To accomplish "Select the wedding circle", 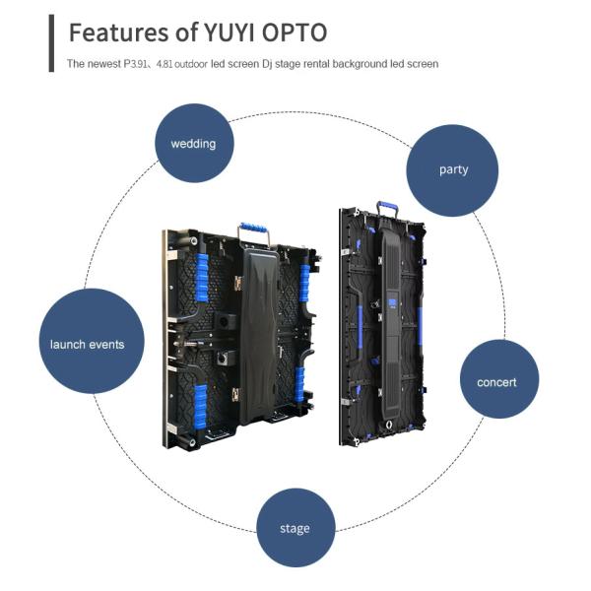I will (x=193, y=144).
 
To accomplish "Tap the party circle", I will (x=453, y=169).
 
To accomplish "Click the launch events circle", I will (x=87, y=344).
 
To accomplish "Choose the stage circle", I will (x=295, y=528).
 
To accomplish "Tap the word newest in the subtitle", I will (x=102, y=64).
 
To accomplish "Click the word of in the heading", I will (x=184, y=33).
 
